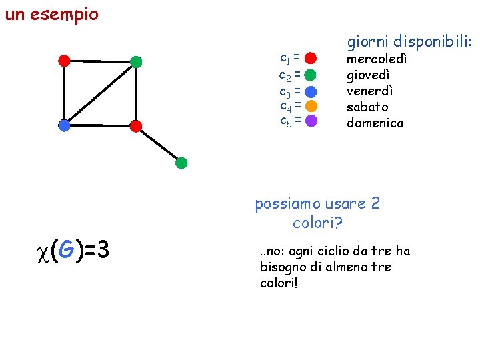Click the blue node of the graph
64,125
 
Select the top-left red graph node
64,61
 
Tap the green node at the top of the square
136,62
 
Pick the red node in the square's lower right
136,125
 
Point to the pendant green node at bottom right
181,163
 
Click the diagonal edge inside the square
100,93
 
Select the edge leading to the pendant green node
159,144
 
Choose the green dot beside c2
311,74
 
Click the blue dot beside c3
311,90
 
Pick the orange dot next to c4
311,105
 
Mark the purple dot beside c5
311,121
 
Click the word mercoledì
377,59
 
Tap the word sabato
367,107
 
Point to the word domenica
375,123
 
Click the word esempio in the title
67,14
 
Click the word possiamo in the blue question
287,203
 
